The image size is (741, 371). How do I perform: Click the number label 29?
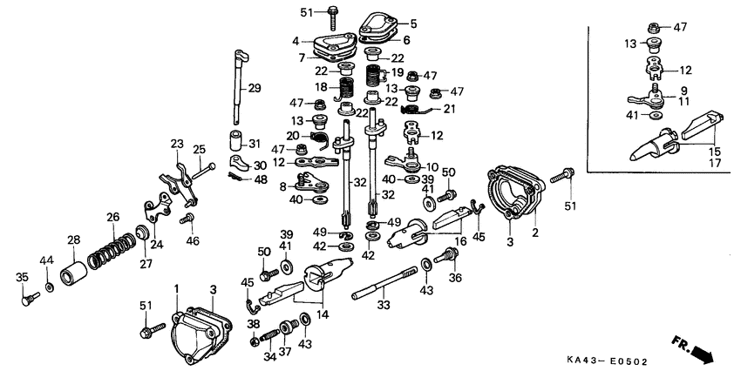click(x=255, y=88)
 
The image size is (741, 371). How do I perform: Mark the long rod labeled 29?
click(x=237, y=87)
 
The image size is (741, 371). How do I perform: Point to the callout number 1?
click(x=176, y=288)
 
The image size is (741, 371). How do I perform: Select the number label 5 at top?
click(x=413, y=24)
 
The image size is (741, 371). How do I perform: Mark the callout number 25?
click(x=199, y=149)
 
